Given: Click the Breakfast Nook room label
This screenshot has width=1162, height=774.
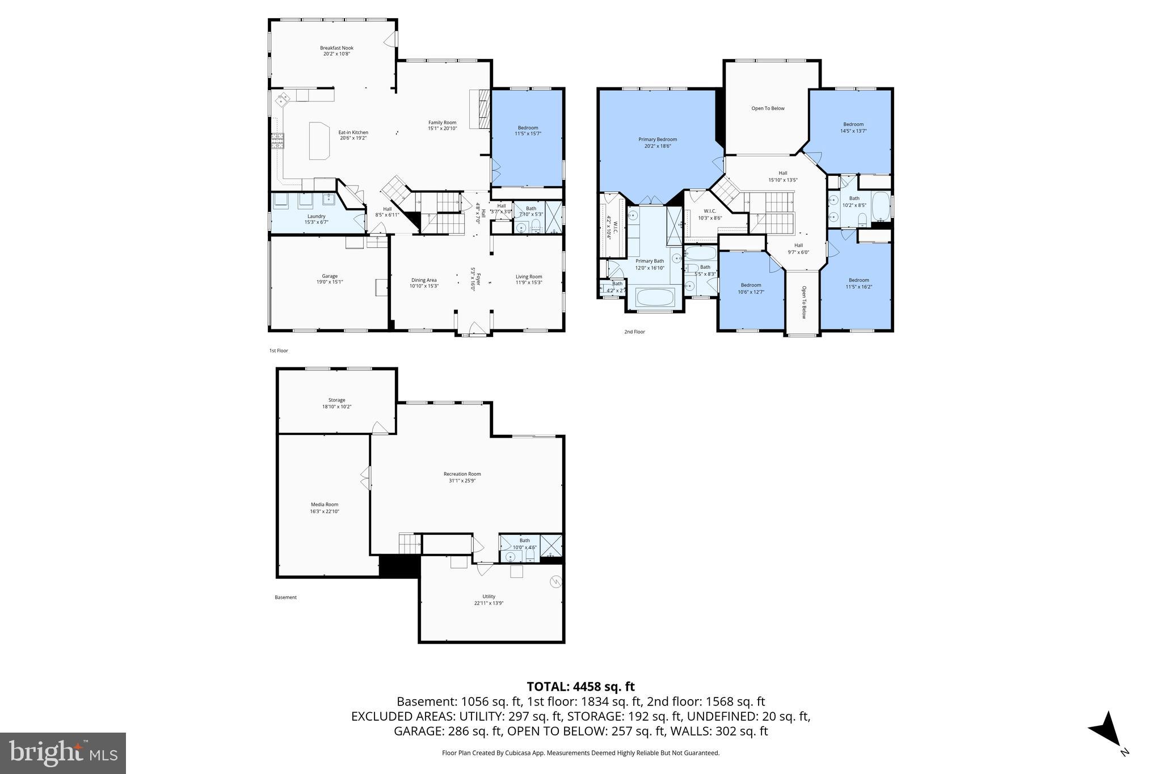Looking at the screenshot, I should point(336,48).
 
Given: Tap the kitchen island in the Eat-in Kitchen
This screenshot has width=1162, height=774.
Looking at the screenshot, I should point(319,140).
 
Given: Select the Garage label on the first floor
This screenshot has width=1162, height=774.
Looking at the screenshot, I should point(330,276).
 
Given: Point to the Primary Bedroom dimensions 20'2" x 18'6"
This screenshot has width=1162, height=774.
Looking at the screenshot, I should point(658,146).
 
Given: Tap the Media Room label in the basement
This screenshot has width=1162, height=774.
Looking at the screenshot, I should point(325,505).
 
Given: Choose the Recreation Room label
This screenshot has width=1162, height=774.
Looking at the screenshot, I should point(462,474).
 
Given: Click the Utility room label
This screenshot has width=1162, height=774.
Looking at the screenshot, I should point(489,597).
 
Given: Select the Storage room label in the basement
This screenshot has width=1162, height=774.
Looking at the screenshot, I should point(336,400).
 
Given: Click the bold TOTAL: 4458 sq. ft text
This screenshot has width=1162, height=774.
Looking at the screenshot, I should point(580,687).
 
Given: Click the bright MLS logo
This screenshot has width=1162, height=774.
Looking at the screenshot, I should point(63,753).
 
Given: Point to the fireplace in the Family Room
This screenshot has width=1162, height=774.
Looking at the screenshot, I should point(481,111).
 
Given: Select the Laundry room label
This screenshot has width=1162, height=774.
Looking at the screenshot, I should point(316,216).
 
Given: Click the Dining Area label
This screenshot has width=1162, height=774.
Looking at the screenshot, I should point(424,280).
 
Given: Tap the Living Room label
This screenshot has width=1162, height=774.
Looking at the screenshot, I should point(529,277).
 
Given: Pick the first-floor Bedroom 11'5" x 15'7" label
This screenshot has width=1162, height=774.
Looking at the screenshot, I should point(528,128).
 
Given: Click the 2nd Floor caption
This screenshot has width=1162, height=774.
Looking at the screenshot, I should point(634,332).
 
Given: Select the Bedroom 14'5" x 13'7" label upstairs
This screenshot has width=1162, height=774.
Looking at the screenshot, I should point(853,125).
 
